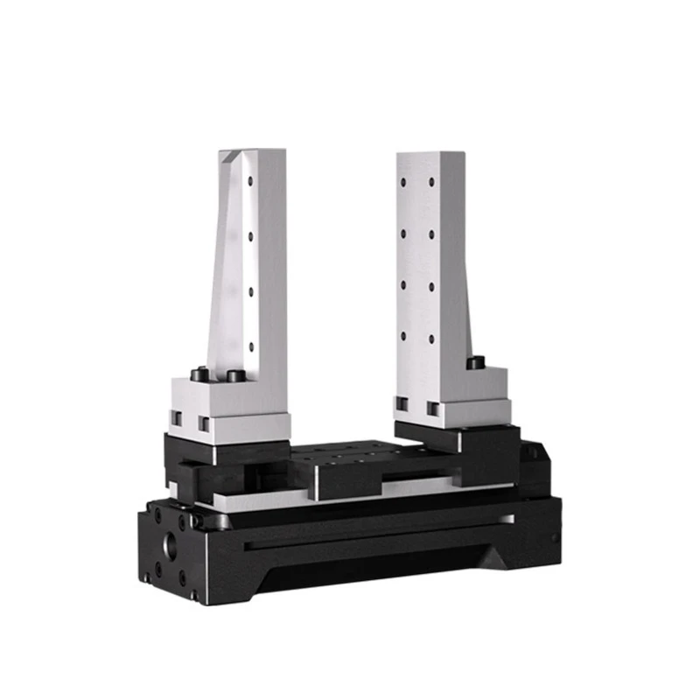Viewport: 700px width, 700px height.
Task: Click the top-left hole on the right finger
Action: click(x=404, y=181)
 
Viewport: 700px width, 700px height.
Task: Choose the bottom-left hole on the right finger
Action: click(x=404, y=335)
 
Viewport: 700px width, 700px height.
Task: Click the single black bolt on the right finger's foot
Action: click(x=475, y=360)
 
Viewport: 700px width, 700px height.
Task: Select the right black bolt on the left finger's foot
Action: click(x=234, y=375)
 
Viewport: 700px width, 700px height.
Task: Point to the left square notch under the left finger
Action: click(x=176, y=418)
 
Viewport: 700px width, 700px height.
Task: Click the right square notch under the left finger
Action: click(x=205, y=424)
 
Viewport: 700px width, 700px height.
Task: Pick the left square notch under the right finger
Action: click(x=402, y=404)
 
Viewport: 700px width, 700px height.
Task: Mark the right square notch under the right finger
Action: click(x=433, y=408)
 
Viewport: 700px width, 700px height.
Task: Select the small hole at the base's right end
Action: click(x=553, y=536)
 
